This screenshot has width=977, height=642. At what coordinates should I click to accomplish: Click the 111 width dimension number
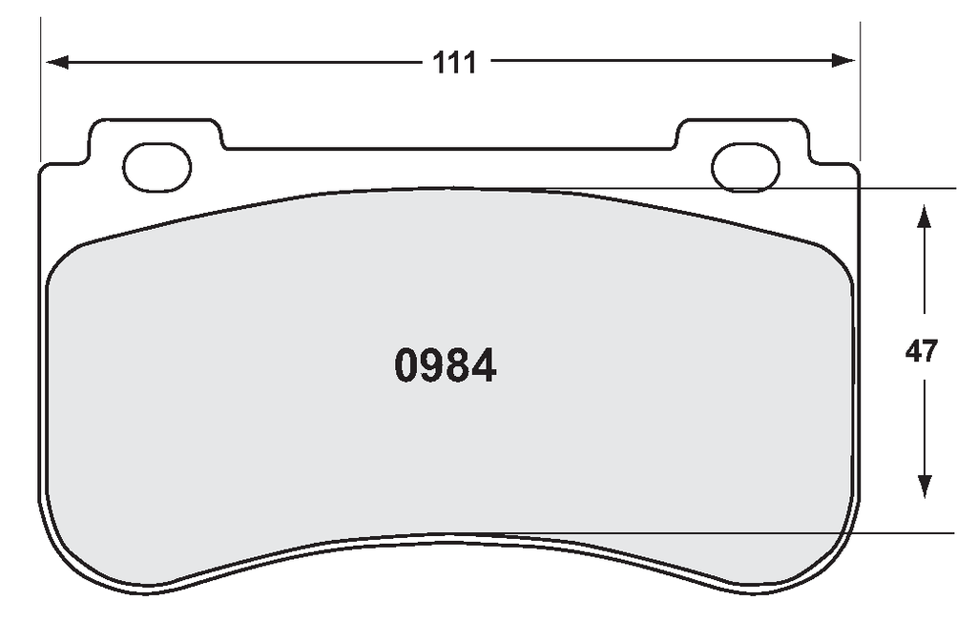tap(454, 63)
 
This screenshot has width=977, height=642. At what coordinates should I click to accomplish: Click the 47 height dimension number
tap(921, 351)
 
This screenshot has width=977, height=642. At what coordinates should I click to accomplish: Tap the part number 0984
tap(446, 365)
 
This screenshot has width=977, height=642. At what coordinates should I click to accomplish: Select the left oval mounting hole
tap(157, 167)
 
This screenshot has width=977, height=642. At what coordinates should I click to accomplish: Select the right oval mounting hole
tap(745, 167)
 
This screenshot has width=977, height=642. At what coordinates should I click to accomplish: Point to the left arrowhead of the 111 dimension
tap(57, 62)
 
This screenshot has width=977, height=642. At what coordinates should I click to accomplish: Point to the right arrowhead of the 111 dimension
tap(843, 60)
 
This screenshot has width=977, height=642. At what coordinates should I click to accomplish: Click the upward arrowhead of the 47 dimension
tap(924, 217)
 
